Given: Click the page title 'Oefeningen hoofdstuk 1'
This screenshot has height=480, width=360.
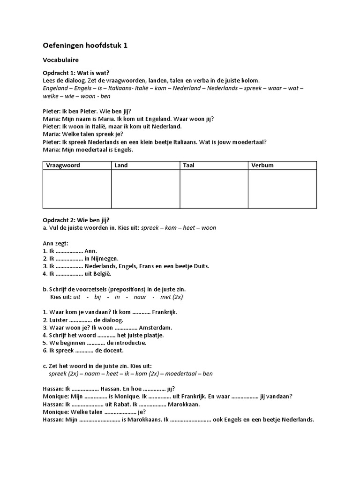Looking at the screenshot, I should point(85,45).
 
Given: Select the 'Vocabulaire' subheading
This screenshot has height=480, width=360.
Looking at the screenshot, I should point(61,60).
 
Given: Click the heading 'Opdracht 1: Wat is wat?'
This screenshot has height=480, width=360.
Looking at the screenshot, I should point(76,73).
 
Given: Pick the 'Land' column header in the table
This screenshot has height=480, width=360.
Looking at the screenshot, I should point(121,165).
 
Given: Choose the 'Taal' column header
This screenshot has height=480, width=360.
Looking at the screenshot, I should point(188,165).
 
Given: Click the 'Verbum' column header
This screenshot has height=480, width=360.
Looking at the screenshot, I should point(262,165).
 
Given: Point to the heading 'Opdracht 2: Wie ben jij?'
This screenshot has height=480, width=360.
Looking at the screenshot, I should point(76,220).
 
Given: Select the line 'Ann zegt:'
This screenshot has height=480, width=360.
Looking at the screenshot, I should point(55,243).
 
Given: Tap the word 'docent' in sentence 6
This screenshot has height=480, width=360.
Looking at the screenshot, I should point(113,350).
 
